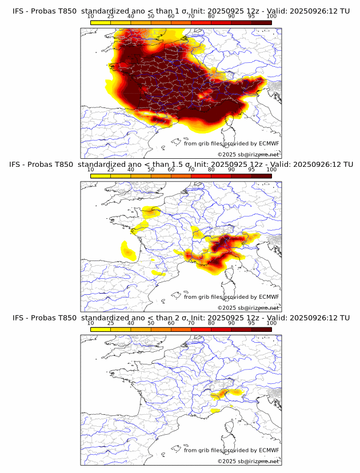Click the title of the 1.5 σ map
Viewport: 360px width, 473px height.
click(181, 165)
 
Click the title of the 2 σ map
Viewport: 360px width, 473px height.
click(181, 318)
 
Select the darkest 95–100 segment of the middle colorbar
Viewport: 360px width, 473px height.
click(261, 176)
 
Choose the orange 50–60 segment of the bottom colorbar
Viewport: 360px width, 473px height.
click(161, 329)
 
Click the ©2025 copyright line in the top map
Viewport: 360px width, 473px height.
click(249, 154)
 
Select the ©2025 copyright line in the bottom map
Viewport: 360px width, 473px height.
click(249, 461)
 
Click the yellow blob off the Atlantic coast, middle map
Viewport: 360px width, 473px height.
click(127, 250)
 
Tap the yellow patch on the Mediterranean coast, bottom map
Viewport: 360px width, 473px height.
click(215, 410)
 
